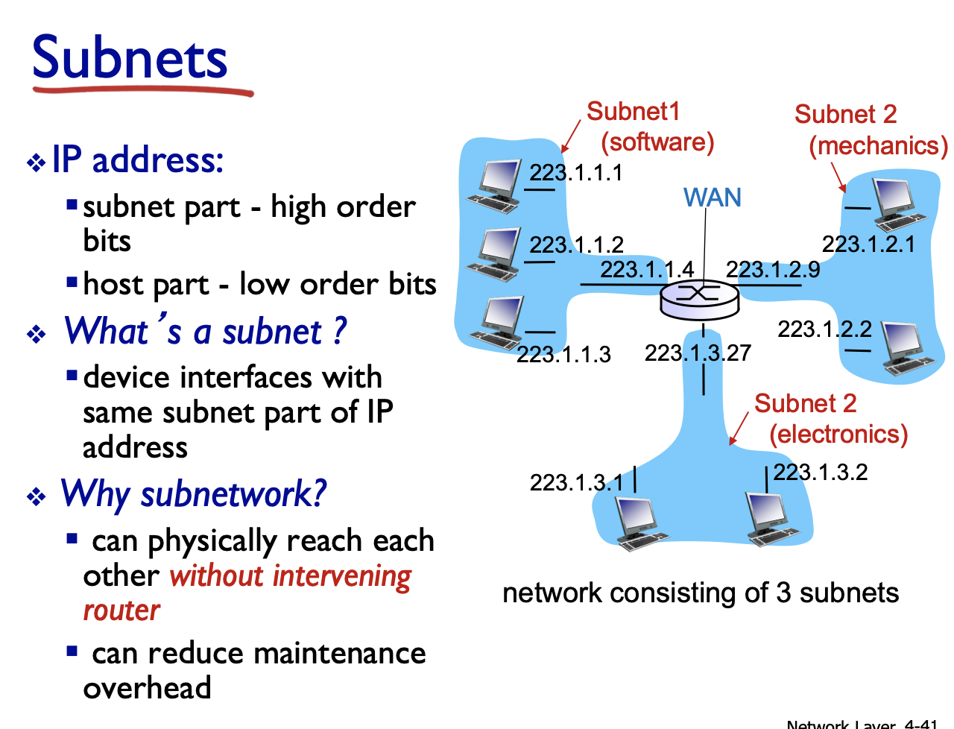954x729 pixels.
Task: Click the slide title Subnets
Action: pyautogui.click(x=130, y=58)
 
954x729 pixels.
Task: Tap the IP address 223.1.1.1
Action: pyautogui.click(x=575, y=173)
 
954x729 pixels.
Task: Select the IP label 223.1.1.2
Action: pyautogui.click(x=576, y=244)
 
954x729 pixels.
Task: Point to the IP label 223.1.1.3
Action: pyautogui.click(x=563, y=354)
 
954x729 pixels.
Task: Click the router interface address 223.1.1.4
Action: pyautogui.click(x=647, y=269)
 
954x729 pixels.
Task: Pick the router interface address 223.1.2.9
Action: pyautogui.click(x=773, y=269)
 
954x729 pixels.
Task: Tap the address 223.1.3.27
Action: pyautogui.click(x=698, y=353)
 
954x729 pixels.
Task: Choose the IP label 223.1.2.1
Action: pyautogui.click(x=868, y=244)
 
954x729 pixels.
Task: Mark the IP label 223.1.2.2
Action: pyautogui.click(x=824, y=329)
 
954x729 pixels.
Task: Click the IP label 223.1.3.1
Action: pyautogui.click(x=576, y=482)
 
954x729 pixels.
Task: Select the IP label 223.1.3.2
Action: pyautogui.click(x=821, y=472)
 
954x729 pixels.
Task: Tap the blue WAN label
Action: pyautogui.click(x=713, y=198)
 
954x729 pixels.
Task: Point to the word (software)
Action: pyautogui.click(x=657, y=142)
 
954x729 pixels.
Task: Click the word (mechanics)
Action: pyautogui.click(x=878, y=145)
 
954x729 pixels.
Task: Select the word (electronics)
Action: pyautogui.click(x=838, y=434)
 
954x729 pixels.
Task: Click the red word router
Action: pyautogui.click(x=121, y=610)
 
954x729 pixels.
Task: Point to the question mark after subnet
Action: pyautogui.click(x=340, y=331)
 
